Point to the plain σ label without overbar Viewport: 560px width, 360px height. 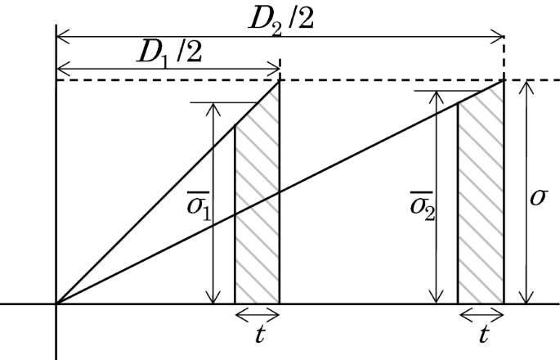(540, 198)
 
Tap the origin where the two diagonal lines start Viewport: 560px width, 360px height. (56, 304)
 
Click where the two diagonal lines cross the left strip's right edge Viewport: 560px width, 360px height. (280, 192)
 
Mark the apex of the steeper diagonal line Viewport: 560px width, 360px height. (280, 80)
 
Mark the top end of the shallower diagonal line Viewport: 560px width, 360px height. (503, 80)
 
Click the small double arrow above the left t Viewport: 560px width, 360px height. (257, 313)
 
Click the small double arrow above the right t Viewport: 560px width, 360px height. (480, 313)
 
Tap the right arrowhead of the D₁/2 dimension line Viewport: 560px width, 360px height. (275, 68)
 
